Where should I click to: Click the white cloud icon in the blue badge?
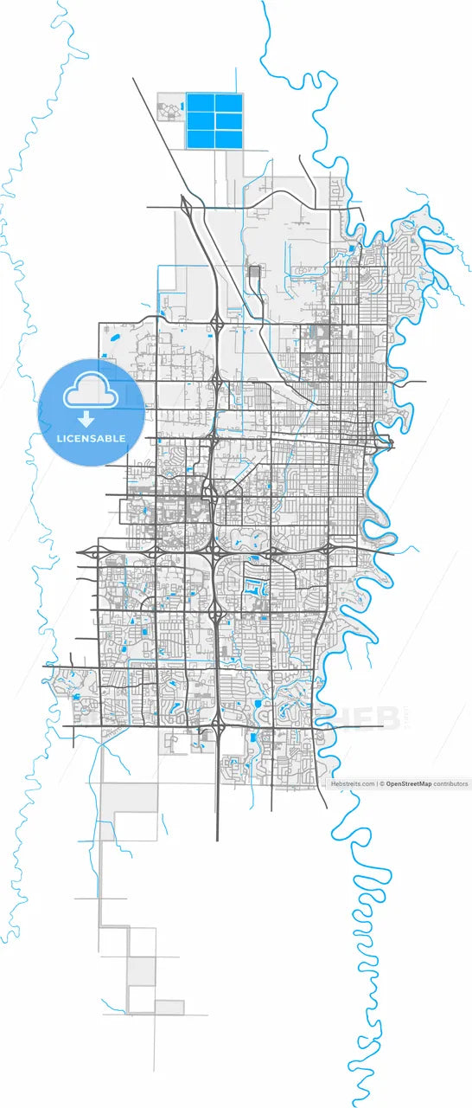pyautogui.click(x=90, y=392)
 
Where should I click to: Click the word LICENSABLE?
pyautogui.click(x=90, y=439)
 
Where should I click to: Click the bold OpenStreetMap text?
pyautogui.click(x=409, y=783)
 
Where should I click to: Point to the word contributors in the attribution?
pyautogui.click(x=450, y=783)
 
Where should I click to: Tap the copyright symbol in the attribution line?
pyautogui.click(x=382, y=783)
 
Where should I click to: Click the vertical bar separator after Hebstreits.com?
pyautogui.click(x=377, y=783)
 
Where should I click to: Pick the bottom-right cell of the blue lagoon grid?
pyautogui.click(x=228, y=138)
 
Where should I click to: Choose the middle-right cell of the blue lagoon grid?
pyautogui.click(x=228, y=121)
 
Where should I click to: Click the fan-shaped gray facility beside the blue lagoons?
pyautogui.click(x=169, y=110)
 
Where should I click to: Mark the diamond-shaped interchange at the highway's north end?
pyautogui.click(x=186, y=206)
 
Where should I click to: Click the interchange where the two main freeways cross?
pyautogui.click(x=214, y=551)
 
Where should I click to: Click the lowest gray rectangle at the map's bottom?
pyautogui.click(x=169, y=1007)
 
